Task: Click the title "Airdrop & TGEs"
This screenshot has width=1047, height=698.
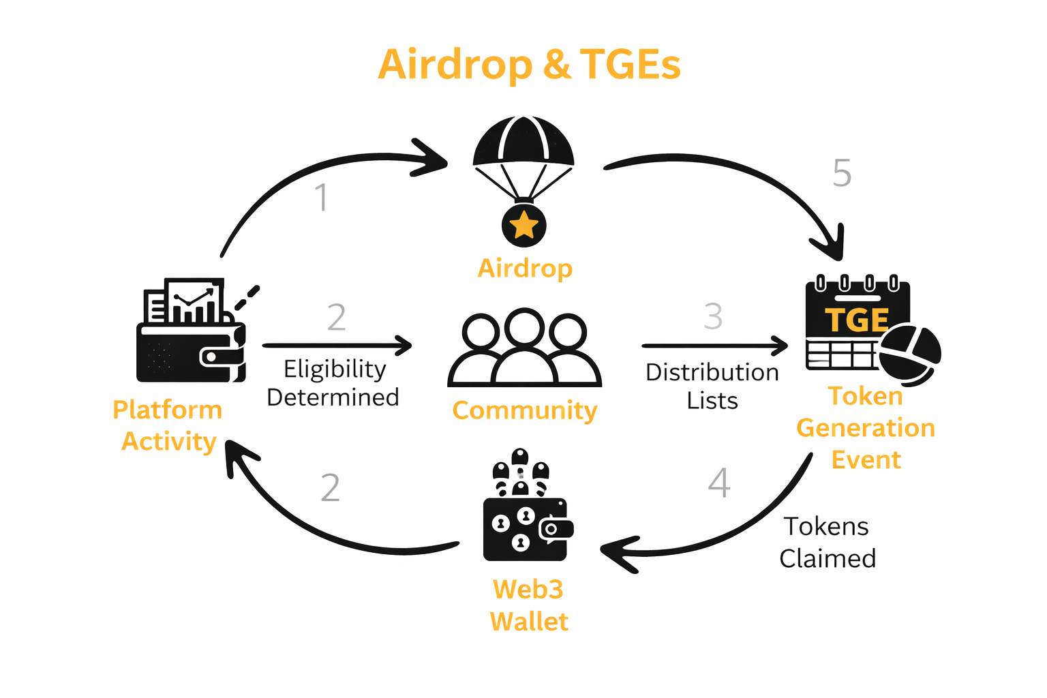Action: click(529, 64)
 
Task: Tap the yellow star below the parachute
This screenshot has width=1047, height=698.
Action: click(523, 224)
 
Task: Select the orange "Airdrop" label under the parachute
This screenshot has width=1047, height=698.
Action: click(525, 268)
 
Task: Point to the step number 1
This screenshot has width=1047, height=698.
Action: click(322, 198)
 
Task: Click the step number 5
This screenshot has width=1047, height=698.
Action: click(842, 173)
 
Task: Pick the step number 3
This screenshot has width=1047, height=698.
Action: click(713, 316)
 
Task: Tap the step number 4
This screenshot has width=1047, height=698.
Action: click(719, 483)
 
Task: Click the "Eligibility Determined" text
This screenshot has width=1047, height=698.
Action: click(333, 382)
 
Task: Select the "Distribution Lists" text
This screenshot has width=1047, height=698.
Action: click(712, 386)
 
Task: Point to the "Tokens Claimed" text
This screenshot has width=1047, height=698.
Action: click(827, 542)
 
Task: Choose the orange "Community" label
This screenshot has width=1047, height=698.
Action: click(524, 410)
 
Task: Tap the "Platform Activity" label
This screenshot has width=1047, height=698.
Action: click(168, 425)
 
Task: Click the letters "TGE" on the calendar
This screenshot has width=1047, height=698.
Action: click(857, 320)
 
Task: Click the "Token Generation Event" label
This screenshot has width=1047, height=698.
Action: click(866, 427)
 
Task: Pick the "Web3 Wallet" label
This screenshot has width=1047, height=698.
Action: click(528, 605)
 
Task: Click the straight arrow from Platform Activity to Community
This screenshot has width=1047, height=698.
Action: click(337, 346)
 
